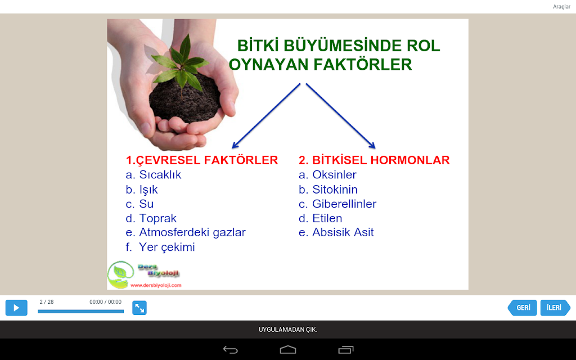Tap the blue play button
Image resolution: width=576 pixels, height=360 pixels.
coord(16,308)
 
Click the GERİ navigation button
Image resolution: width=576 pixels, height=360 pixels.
coord(522,308)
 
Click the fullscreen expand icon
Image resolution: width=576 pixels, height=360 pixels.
coord(139,308)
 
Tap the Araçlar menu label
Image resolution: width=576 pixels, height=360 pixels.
coord(562,7)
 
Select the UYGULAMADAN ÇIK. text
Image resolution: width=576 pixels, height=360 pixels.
coord(288,330)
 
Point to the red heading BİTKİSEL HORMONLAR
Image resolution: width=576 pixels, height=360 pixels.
coord(374,160)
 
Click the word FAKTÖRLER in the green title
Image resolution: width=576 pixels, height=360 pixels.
coord(362,65)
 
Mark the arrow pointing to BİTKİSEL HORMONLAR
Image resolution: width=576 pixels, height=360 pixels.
coord(340,116)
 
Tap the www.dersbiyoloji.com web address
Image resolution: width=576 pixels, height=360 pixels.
coord(156,285)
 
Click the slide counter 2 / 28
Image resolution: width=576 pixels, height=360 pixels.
coord(47,302)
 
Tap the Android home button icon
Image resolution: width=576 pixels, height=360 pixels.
coord(287,349)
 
